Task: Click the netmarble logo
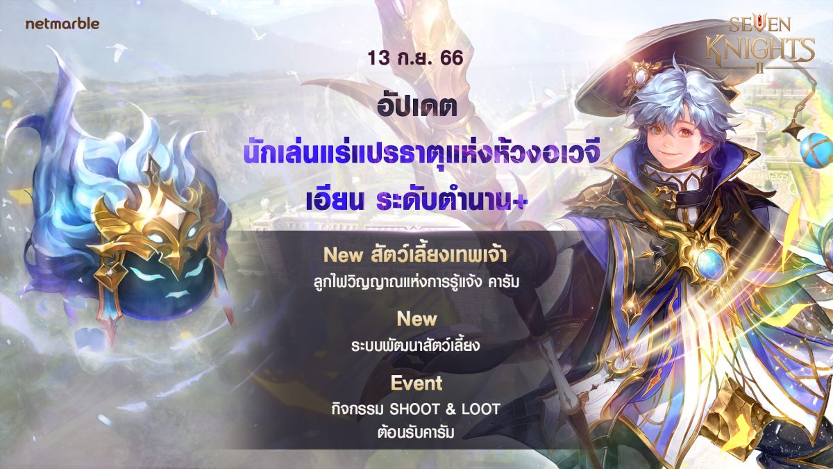pyautogui.click(x=62, y=24)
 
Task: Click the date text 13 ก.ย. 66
pyautogui.click(x=415, y=58)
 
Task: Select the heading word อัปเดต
pyautogui.click(x=417, y=106)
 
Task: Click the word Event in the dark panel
pyautogui.click(x=416, y=383)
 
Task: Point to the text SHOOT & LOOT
pyautogui.click(x=444, y=409)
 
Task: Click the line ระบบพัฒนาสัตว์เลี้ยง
pyautogui.click(x=416, y=345)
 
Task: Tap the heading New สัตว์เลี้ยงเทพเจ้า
pyautogui.click(x=415, y=255)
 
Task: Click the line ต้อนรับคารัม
pyautogui.click(x=416, y=431)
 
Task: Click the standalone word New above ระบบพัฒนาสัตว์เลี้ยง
pyautogui.click(x=416, y=319)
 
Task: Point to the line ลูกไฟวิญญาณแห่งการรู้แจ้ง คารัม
pyautogui.click(x=416, y=281)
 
